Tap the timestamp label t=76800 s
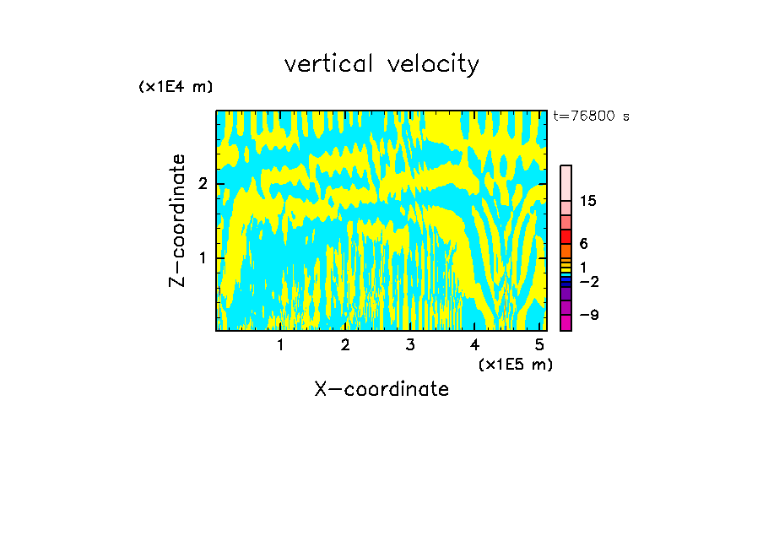[x=591, y=116]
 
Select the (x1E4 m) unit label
[x=176, y=87]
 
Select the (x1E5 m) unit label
[x=515, y=364]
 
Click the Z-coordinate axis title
[x=177, y=220]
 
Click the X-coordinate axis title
[x=381, y=389]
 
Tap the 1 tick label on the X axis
[x=280, y=345]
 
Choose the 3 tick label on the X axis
[x=409, y=345]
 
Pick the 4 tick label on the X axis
[x=474, y=345]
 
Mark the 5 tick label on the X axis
[x=539, y=345]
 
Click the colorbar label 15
[x=588, y=201]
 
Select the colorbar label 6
[x=583, y=243]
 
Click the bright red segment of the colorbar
[x=565, y=236]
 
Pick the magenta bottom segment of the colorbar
[x=565, y=322]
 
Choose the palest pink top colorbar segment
[x=565, y=182]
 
